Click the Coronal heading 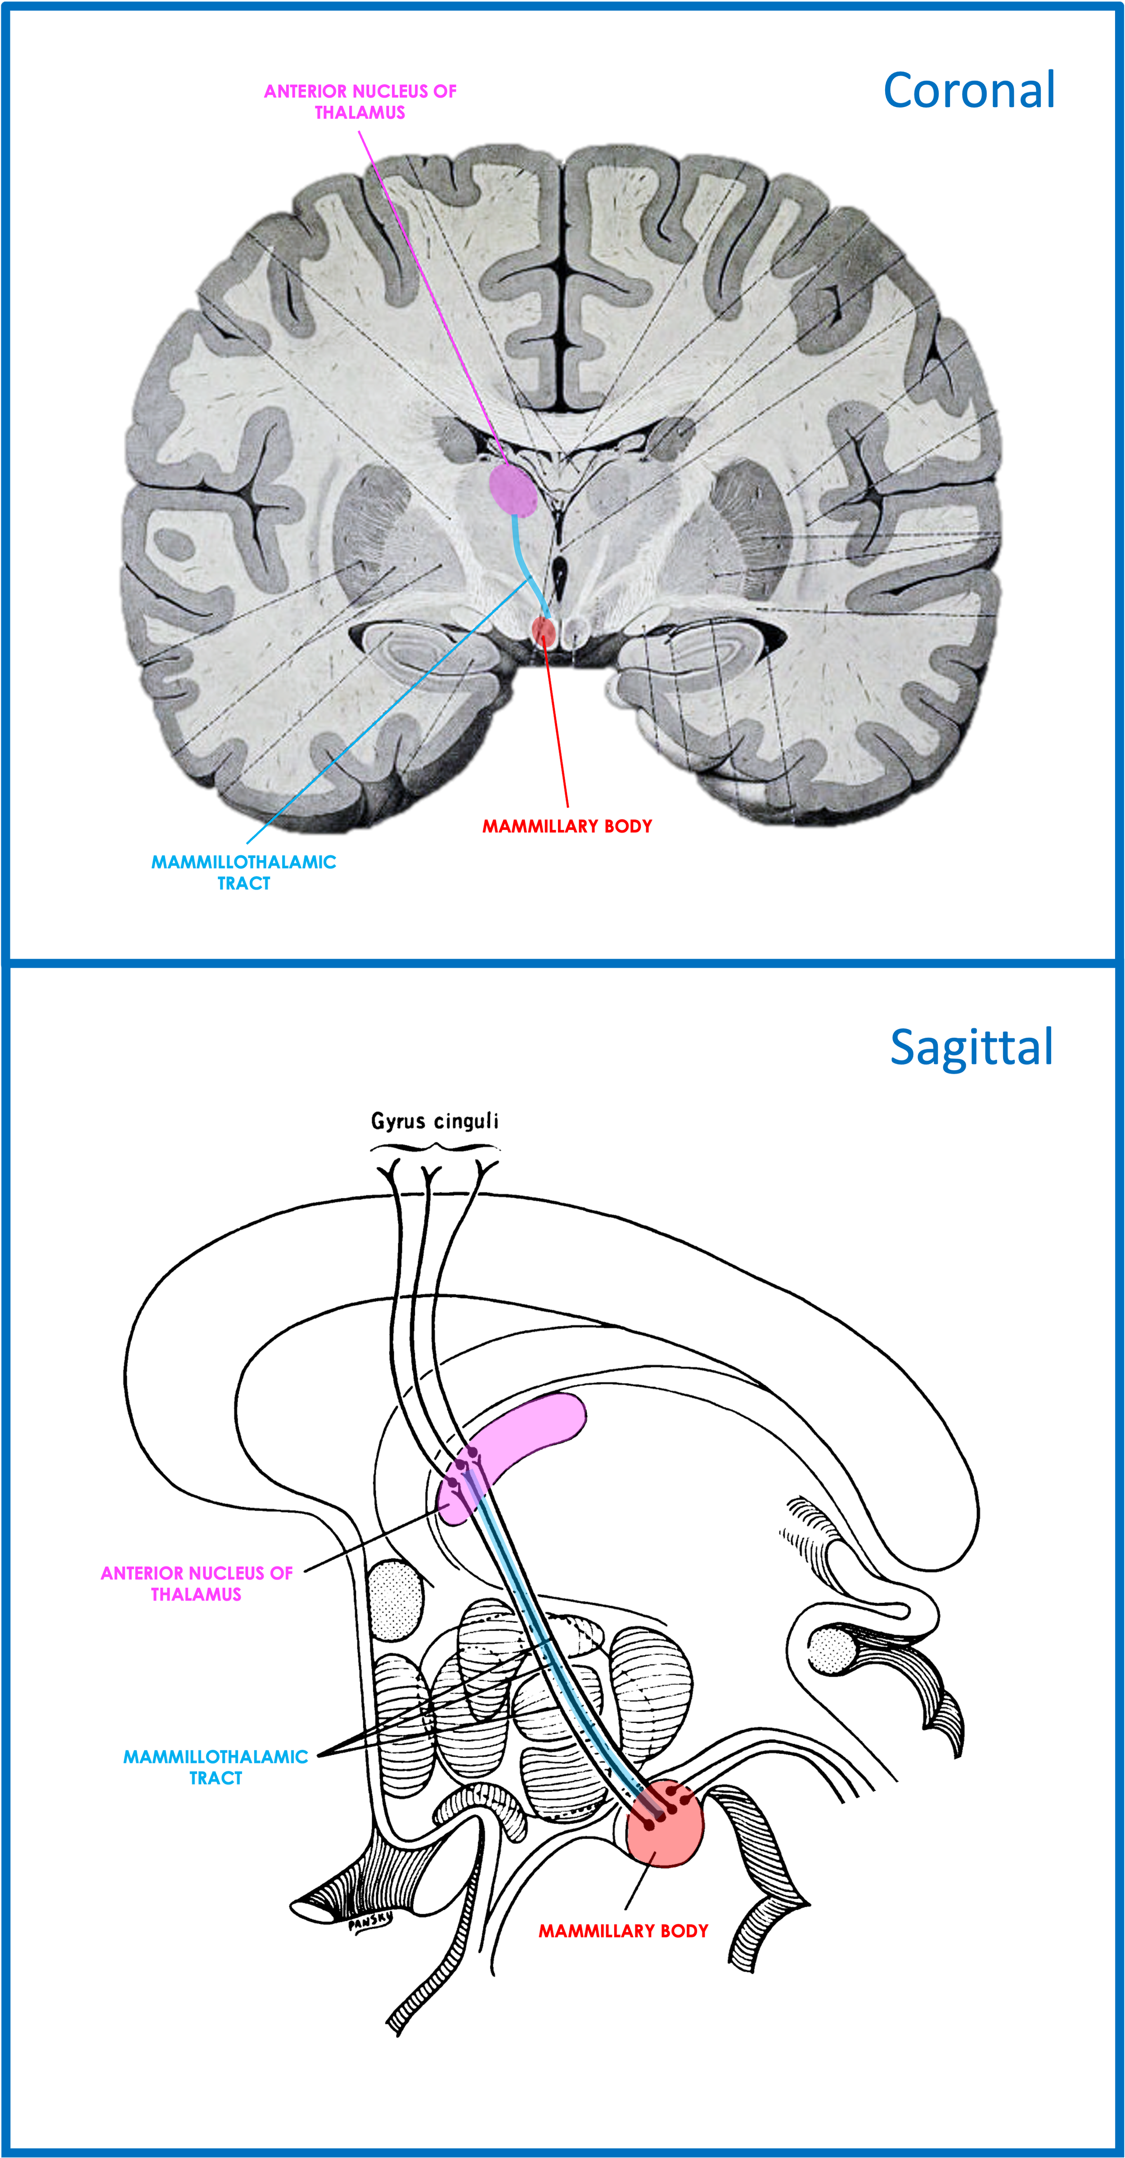coord(969,90)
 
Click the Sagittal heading coord(972,1047)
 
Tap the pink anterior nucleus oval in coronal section coord(513,489)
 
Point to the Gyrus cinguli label coord(435,1121)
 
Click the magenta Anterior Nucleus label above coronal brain coord(360,101)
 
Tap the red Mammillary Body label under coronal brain coord(567,826)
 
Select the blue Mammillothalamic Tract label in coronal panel coord(244,872)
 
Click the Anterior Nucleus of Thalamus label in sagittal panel coord(197,1584)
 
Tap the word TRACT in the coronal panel coord(244,883)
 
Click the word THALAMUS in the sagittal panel coord(196,1594)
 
